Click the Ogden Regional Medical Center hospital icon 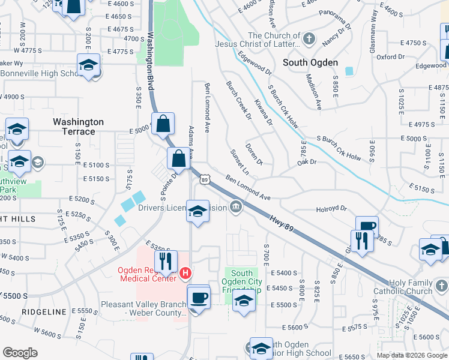[x=185, y=273]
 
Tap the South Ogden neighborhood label [x=311, y=62]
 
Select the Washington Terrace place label [x=78, y=127]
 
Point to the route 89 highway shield [x=205, y=179]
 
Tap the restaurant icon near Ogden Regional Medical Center [x=165, y=261]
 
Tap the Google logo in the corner [x=20, y=352]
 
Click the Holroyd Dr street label [x=331, y=209]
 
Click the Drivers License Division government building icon [x=236, y=208]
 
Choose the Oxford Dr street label [x=391, y=57]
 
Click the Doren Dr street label [x=255, y=154]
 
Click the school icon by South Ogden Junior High [x=261, y=347]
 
